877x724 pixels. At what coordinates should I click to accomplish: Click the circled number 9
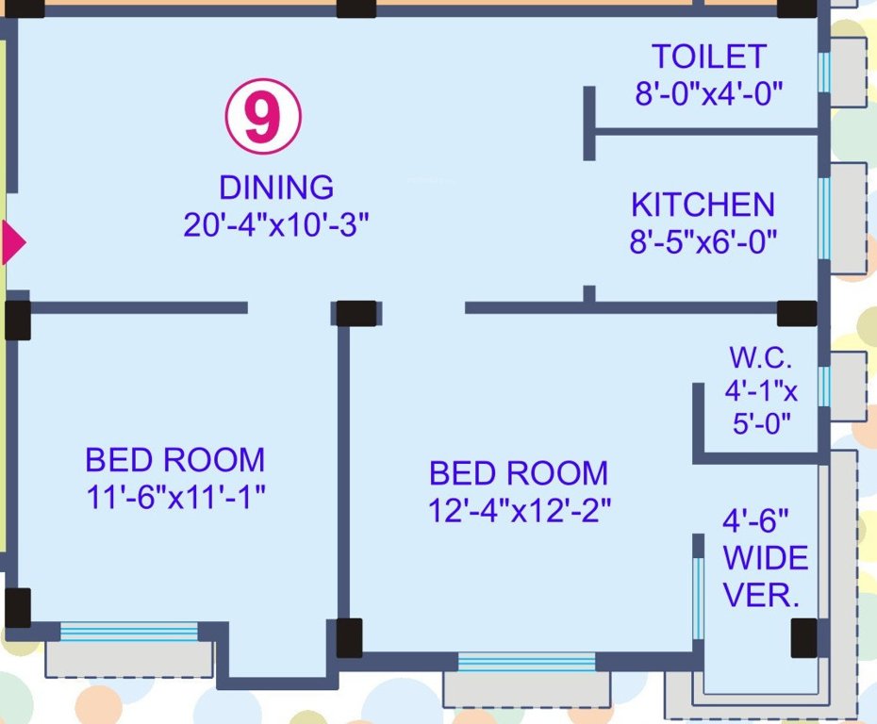tap(262, 118)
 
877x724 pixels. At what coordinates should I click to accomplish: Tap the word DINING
tap(276, 188)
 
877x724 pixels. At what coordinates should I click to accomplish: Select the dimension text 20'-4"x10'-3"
tap(276, 226)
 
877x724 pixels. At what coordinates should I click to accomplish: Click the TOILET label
tap(709, 57)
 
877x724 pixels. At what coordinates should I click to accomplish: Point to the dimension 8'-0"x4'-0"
tap(709, 94)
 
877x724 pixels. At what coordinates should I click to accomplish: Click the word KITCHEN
tap(703, 205)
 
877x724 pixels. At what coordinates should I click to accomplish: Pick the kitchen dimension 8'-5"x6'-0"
tap(703, 242)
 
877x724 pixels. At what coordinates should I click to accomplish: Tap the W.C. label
tap(761, 358)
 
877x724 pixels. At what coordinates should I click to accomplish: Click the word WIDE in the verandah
tap(765, 558)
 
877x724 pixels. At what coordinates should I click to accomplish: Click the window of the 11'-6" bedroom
tap(129, 632)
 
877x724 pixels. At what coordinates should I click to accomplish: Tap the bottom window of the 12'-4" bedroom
tap(526, 662)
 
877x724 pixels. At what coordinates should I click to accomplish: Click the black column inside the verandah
tap(803, 638)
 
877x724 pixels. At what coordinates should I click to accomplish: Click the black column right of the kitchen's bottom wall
tap(797, 313)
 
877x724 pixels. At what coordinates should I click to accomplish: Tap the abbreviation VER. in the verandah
tap(761, 596)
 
